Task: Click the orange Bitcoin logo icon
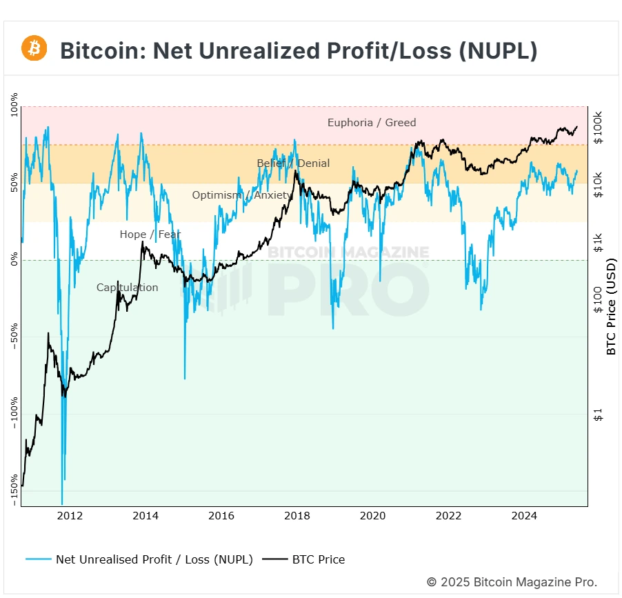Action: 34,48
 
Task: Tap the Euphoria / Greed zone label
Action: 372,123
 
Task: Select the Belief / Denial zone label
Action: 293,163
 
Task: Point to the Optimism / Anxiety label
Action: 242,195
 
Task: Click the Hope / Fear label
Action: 150,235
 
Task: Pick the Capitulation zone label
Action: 127,288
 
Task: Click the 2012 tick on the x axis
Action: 70,516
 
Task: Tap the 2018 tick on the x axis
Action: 297,516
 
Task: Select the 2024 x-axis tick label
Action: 524,516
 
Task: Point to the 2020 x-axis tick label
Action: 372,516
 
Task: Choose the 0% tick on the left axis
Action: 15,260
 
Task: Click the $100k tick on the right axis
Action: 597,127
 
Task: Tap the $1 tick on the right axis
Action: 597,415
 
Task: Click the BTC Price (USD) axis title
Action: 611,307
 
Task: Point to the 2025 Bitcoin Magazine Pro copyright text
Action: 512,582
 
